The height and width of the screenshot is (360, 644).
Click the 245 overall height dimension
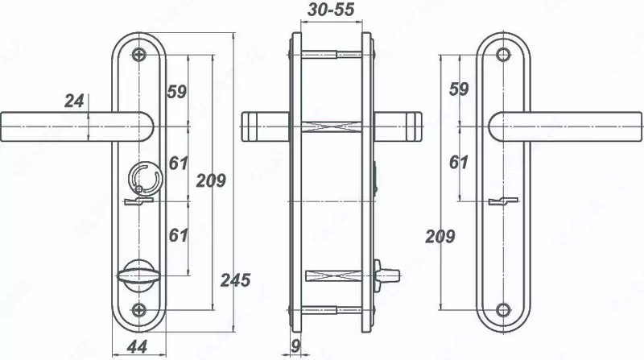(x=235, y=279)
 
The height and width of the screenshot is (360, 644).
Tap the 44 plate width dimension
(x=137, y=347)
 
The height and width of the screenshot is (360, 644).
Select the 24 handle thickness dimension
(x=74, y=101)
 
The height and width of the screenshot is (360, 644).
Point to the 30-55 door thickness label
(x=331, y=10)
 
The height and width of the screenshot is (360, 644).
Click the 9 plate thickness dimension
(x=295, y=346)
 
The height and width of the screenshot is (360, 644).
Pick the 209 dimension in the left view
(x=211, y=180)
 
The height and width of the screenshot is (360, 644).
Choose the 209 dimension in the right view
(x=440, y=236)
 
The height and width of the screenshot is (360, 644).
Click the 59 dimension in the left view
(x=177, y=91)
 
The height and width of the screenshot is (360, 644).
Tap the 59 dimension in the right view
(x=459, y=89)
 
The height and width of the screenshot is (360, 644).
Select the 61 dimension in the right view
(x=459, y=163)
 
